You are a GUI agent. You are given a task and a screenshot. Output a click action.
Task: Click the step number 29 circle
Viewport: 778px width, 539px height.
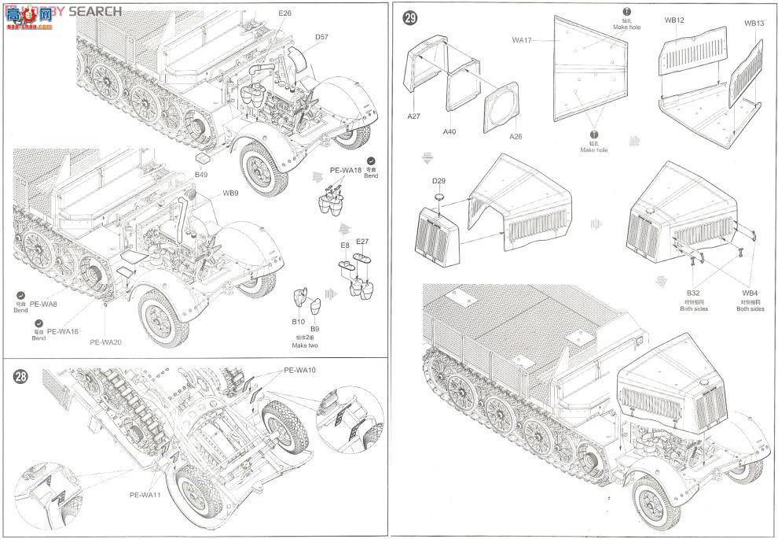coord(409,17)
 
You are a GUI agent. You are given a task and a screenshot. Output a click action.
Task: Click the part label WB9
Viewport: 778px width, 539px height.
coord(230,192)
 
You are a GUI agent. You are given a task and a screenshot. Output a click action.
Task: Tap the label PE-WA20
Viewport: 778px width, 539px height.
coord(105,341)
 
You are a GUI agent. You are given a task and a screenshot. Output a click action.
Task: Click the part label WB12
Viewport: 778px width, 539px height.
coord(674,20)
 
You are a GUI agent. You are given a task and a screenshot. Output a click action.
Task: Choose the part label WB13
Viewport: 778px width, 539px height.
coord(754,23)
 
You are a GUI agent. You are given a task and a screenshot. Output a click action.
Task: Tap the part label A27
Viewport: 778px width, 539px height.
coord(414,116)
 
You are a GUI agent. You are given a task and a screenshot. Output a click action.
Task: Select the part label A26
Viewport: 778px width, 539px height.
coord(516,135)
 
